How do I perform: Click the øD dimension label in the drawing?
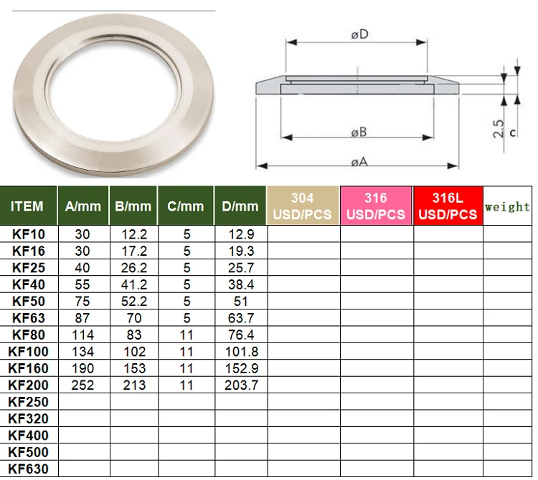(359, 34)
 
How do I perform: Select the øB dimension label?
(359, 133)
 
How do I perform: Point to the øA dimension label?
(359, 162)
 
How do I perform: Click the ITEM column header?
(27, 206)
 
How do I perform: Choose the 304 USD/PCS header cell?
(303, 206)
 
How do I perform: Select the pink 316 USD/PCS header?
(376, 206)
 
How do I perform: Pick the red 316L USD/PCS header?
(448, 206)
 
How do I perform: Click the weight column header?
(508, 206)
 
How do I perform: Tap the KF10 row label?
(28, 234)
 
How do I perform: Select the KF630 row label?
(28, 469)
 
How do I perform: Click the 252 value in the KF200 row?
(82, 385)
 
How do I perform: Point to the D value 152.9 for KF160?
(240, 368)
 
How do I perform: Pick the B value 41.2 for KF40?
(133, 284)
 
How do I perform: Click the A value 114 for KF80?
(82, 335)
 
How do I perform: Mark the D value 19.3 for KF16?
(240, 251)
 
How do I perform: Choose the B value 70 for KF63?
(133, 318)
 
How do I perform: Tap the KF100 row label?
(28, 352)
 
